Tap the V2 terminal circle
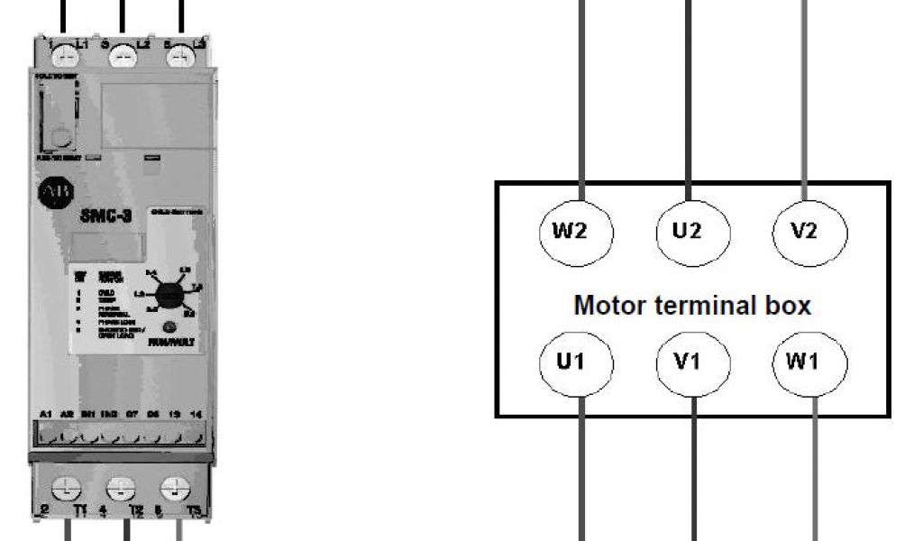pyautogui.click(x=809, y=231)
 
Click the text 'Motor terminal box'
pyautogui.click(x=692, y=305)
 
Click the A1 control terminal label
pyautogui.click(x=46, y=414)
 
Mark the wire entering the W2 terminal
pyautogui.click(x=582, y=99)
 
